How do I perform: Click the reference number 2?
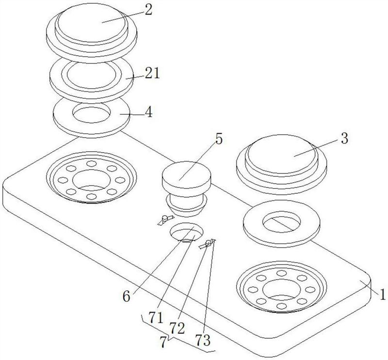tap(148, 10)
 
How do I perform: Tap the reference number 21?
tap(152, 73)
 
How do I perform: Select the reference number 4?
tap(148, 112)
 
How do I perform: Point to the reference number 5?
tap(219, 139)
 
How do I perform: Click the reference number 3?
tap(344, 138)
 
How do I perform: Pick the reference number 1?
tap(383, 294)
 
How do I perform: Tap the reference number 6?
tap(126, 296)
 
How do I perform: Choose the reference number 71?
tap(156, 317)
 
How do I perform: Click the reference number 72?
tap(177, 329)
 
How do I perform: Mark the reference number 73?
tap(203, 340)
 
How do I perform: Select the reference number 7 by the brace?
tap(163, 342)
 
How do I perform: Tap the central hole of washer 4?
tap(92, 113)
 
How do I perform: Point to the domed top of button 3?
tap(281, 154)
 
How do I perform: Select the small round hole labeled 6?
tap(187, 232)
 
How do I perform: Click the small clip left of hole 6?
tap(165, 219)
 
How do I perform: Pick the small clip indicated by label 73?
tap(208, 244)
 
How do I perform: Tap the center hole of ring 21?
tap(92, 75)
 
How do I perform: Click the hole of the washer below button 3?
tap(282, 221)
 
